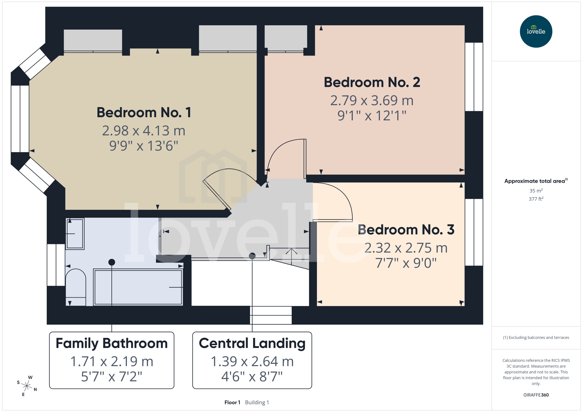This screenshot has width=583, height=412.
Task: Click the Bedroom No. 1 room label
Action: click(x=144, y=112)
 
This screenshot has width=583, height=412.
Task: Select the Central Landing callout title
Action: click(x=252, y=343)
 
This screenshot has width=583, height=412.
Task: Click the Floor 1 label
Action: click(x=232, y=402)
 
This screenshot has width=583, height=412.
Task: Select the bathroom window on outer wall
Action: click(x=56, y=265)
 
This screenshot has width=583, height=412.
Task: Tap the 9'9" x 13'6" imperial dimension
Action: click(x=144, y=146)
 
